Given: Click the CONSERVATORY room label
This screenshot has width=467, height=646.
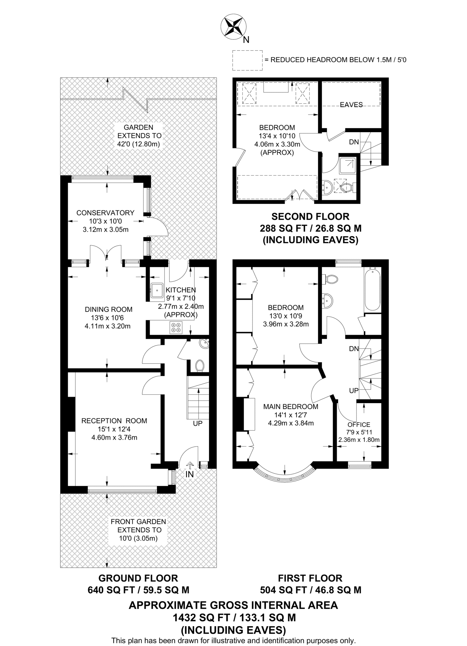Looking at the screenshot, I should point(105,213).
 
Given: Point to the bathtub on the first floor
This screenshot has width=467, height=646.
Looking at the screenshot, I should point(373,289).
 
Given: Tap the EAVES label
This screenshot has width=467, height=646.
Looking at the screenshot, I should point(351,105).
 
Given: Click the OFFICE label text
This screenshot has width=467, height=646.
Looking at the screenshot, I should point(359,425).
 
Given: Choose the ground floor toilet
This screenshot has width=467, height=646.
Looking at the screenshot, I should point(200,366).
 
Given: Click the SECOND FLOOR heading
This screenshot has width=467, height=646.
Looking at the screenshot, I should point(310,216).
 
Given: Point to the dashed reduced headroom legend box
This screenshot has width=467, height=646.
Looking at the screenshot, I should point(247,60).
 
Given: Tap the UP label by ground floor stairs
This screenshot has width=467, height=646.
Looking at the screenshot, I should point(198,423).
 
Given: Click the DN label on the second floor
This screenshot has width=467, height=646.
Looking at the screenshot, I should point(354,142).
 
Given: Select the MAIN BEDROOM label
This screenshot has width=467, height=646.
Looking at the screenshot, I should point(290,407).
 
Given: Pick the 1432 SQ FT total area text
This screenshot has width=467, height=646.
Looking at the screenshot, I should point(234,617).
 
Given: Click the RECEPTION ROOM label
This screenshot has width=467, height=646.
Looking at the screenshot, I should point(114,420).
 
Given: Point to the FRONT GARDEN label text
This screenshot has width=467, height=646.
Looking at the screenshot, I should point(138,521).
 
